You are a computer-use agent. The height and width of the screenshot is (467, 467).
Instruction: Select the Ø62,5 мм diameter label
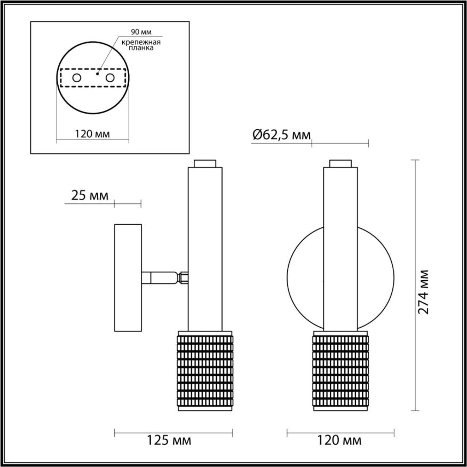pos(281,135)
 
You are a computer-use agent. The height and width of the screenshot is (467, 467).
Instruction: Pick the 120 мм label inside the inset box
pos(93,134)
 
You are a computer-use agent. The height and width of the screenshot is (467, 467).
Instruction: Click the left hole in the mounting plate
pos(77,78)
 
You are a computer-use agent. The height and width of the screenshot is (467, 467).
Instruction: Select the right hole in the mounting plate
pos(110,78)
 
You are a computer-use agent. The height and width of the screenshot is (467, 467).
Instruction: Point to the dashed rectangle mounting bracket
pos(93,69)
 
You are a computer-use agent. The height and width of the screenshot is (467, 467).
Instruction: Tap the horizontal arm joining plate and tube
pos(163,278)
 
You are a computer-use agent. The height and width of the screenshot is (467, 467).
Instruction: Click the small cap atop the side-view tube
pos(204,163)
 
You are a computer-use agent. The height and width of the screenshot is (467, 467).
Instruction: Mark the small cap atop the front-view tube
pos(341,163)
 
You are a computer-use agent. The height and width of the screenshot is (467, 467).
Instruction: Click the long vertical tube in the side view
pos(204,246)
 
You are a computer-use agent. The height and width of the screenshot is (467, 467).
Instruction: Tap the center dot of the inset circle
pos(98,74)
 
